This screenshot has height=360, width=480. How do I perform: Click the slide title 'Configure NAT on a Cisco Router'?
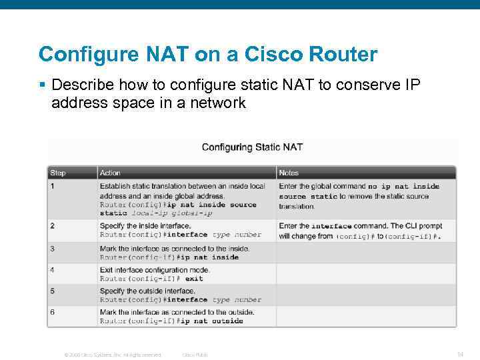tap(207, 54)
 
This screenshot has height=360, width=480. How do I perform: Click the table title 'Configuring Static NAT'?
tap(252, 147)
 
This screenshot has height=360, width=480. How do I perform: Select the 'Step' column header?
tap(58, 173)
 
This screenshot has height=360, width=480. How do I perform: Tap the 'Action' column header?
tap(110, 173)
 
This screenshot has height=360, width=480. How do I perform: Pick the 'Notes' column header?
tap(289, 173)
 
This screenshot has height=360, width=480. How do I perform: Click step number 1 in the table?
tap(52, 187)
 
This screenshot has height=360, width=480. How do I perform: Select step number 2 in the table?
tap(52, 226)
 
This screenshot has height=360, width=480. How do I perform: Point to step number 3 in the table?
tap(52, 249)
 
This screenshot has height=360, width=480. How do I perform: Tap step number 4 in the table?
tap(52, 270)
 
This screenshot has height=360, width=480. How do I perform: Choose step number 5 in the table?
tap(52, 291)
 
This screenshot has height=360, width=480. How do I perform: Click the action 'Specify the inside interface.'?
tap(145, 226)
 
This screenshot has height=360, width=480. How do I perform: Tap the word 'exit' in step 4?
tap(194, 279)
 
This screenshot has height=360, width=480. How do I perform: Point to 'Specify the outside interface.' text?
tap(147, 291)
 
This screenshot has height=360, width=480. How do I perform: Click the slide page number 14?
tap(460, 354)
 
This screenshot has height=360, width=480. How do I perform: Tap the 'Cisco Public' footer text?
tap(195, 355)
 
